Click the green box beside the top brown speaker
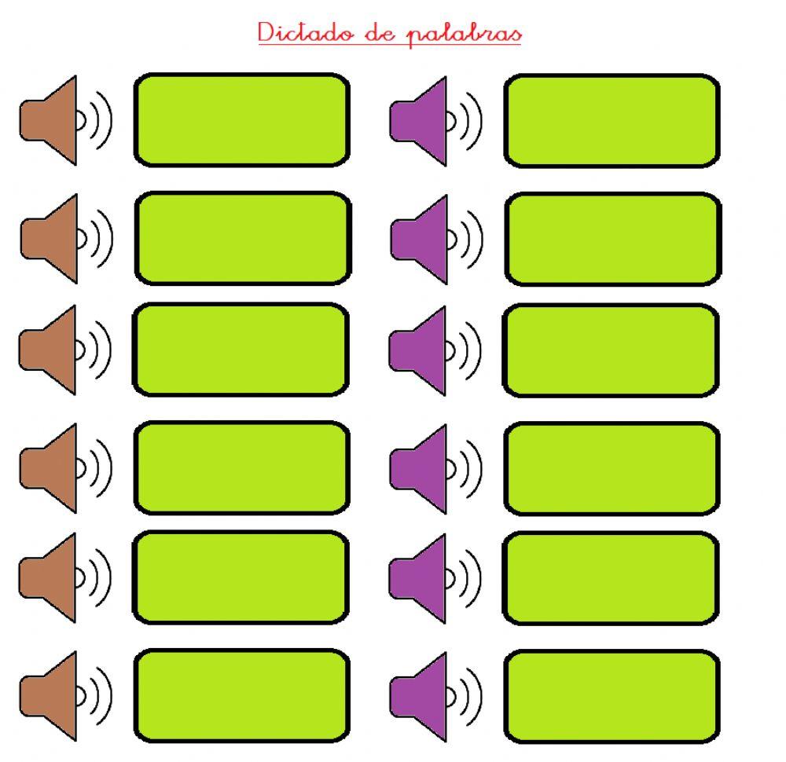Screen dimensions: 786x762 tap(241, 120)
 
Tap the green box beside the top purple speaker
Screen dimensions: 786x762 tap(612, 120)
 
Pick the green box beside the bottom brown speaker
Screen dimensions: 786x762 tap(241, 695)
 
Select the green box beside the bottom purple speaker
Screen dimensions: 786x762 tap(612, 695)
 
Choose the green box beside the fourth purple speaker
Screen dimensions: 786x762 tap(612, 468)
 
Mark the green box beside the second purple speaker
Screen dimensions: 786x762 tap(612, 239)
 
